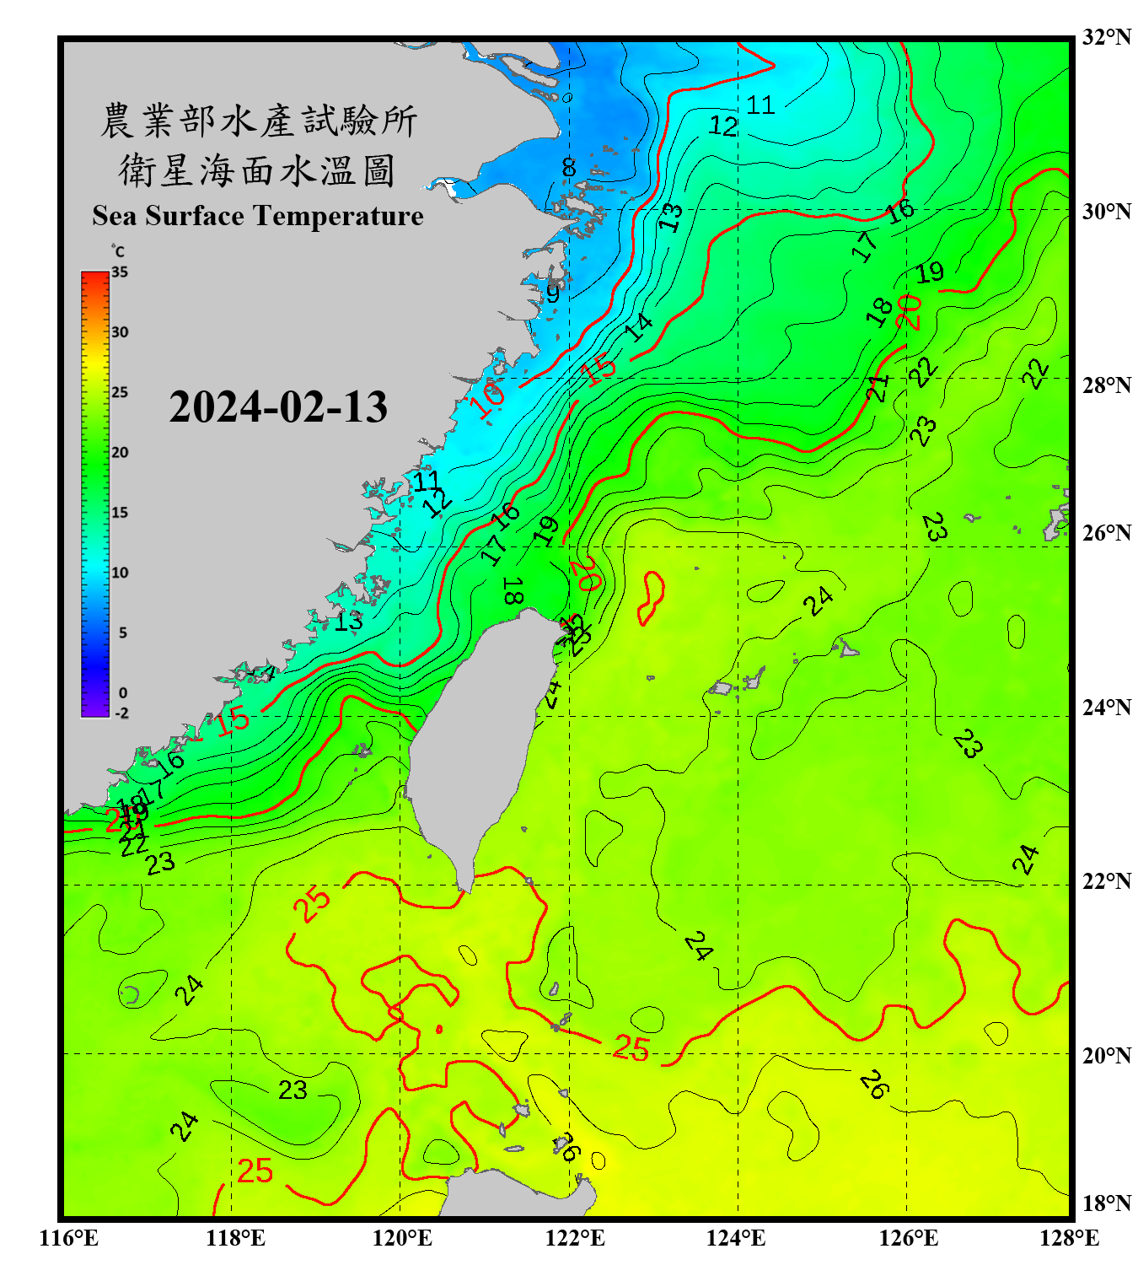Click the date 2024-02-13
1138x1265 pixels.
(278, 406)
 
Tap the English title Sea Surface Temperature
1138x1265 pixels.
(258, 216)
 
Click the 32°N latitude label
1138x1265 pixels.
(1106, 37)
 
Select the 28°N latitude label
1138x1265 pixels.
(1106, 385)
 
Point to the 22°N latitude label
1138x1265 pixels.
(1106, 881)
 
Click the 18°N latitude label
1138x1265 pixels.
(1106, 1203)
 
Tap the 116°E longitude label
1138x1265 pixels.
(68, 1238)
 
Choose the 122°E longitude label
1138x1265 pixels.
(575, 1238)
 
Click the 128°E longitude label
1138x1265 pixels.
(1069, 1238)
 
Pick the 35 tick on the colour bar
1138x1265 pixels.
(120, 272)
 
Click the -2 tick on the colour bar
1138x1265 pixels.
(121, 713)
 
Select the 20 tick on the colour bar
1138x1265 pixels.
(120, 453)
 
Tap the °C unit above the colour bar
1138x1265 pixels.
(118, 251)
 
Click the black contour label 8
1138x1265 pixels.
(569, 168)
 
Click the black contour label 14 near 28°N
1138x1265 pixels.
(639, 327)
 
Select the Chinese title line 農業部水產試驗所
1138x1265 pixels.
(258, 121)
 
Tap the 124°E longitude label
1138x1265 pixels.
(736, 1238)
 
